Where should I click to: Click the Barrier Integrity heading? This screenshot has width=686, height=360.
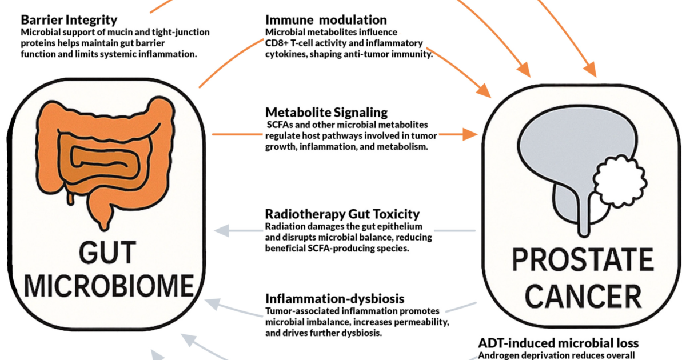(x=69, y=20)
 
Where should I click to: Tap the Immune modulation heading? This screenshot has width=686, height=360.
(x=326, y=20)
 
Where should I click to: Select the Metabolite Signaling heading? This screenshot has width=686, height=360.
(x=326, y=113)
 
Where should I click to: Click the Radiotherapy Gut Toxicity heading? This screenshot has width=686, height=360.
(x=342, y=214)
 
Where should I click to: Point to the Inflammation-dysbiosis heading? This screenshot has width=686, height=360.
(x=335, y=298)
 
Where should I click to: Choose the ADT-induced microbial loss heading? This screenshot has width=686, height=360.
(x=559, y=343)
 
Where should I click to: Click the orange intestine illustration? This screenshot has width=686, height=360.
(x=106, y=162)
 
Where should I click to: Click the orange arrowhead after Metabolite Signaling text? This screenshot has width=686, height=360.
(x=470, y=134)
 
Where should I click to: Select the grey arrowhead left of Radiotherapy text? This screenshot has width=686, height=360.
(x=221, y=230)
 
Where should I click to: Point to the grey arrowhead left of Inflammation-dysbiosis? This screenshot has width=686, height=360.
(x=213, y=303)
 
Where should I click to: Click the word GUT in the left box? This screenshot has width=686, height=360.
(x=107, y=253)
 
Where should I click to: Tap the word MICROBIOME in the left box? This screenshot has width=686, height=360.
(x=109, y=286)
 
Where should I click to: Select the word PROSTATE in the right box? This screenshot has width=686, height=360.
(x=583, y=259)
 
